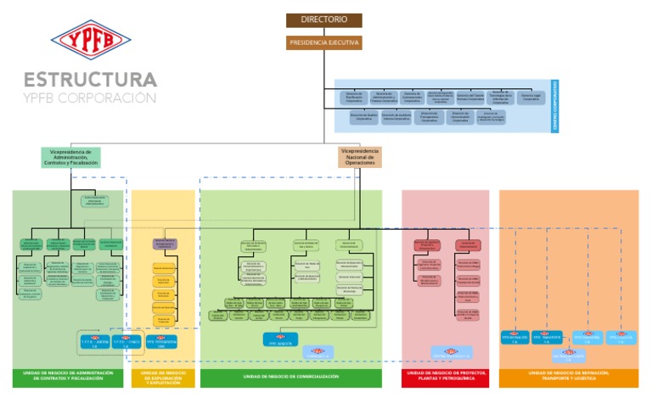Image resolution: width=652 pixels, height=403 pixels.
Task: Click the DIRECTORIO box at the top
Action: [323, 20]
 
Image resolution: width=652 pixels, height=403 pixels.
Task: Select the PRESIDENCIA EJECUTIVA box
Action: [323, 42]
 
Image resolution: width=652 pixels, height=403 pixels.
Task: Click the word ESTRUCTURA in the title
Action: [90, 80]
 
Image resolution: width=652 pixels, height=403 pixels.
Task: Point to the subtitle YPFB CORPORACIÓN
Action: [90, 98]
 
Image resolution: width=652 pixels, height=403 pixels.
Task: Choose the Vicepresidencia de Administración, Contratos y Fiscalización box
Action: [70, 157]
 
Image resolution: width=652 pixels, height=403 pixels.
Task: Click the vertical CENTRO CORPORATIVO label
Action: [556, 106]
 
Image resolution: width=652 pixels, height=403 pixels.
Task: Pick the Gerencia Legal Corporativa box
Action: [532, 98]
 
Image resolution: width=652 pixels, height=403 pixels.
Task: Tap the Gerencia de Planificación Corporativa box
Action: [354, 98]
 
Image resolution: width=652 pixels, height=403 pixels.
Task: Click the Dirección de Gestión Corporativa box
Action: [364, 117]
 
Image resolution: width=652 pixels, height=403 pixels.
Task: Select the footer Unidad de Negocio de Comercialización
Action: [290, 376]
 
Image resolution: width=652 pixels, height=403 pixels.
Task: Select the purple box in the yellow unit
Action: [165, 244]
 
